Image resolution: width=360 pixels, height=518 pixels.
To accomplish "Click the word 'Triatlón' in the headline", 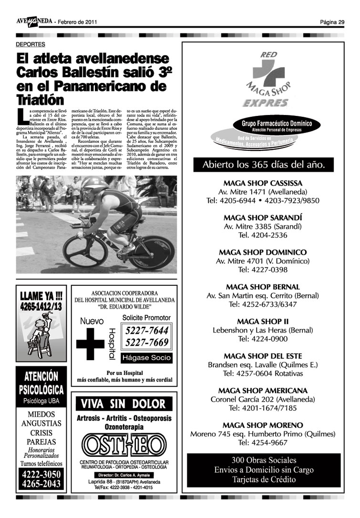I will tap(40, 100).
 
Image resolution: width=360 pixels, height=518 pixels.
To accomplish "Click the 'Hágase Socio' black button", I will tap(145, 358).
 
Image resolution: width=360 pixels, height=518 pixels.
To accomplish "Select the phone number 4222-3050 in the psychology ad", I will tap(41, 475).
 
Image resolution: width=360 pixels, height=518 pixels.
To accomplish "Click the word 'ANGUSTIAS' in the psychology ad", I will tap(41, 423).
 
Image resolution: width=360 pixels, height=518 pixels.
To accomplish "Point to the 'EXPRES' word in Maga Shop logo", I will tap(265, 103).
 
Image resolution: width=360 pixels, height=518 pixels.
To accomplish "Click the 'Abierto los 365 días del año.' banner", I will tap(270, 165).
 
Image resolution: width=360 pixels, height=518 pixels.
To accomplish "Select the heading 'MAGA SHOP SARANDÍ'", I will tap(269, 218).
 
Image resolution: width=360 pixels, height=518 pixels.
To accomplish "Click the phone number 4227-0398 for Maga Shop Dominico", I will tap(269, 269).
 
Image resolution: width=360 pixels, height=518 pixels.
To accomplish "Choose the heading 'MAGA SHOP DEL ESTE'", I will tap(269, 356).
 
